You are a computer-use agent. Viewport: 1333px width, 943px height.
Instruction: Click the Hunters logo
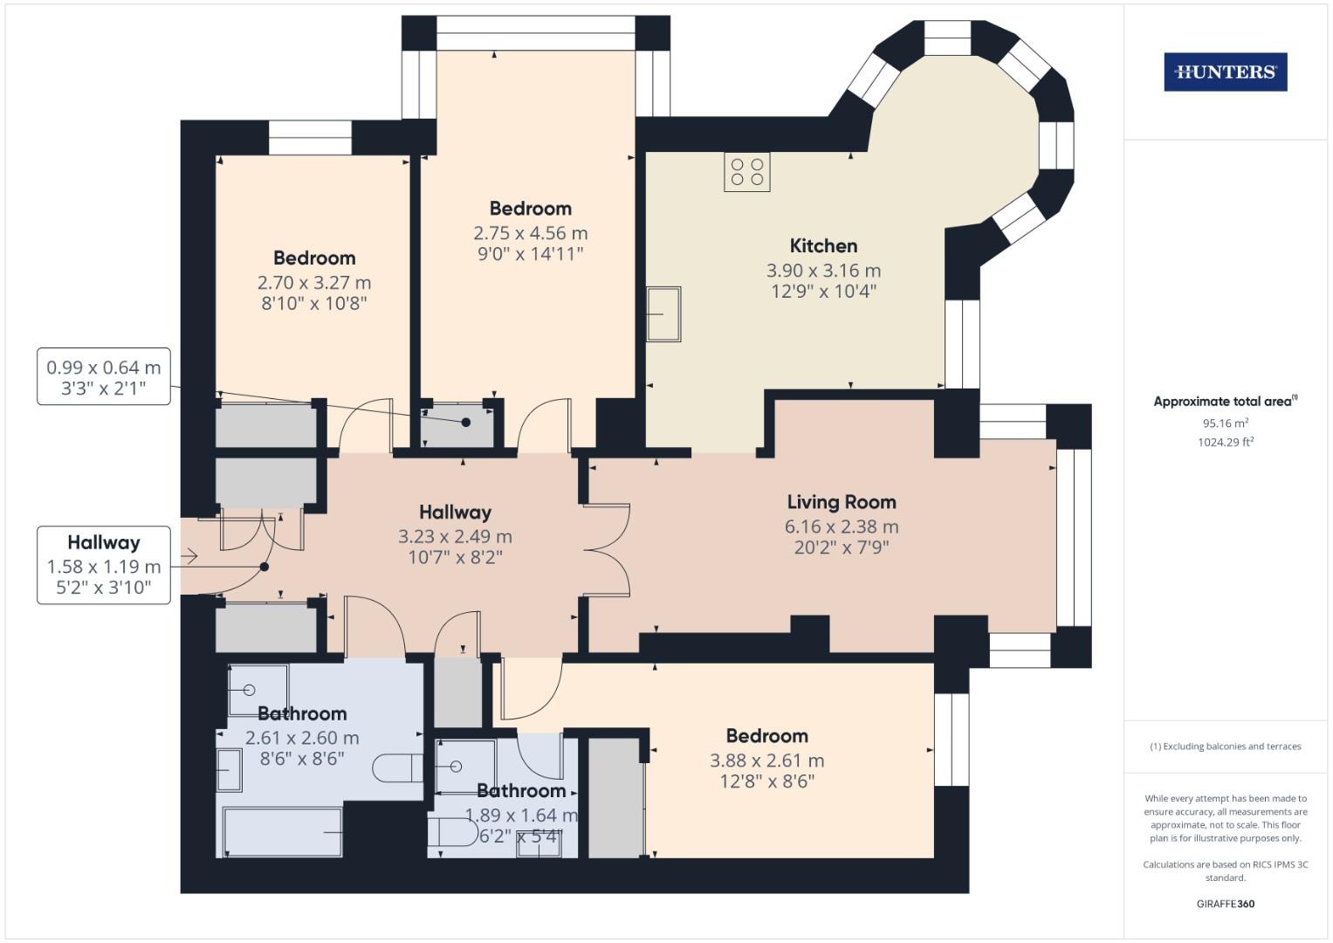point(1225,72)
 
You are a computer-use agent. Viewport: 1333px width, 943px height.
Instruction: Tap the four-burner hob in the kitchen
point(746,171)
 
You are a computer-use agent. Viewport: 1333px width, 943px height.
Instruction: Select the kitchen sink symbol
point(663,314)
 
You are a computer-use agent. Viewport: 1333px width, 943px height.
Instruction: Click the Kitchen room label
point(823,246)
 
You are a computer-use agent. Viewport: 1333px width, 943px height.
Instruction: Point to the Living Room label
point(842,502)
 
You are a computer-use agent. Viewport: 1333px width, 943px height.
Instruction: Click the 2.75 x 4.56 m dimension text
point(530,233)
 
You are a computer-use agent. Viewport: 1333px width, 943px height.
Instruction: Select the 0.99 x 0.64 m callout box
point(103,377)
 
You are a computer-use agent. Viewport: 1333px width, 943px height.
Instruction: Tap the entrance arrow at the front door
point(189,556)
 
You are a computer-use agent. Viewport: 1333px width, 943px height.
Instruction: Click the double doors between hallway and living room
point(607,550)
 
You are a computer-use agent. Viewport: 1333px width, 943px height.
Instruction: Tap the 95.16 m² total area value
point(1225,423)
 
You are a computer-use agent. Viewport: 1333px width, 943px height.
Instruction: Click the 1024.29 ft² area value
point(1225,442)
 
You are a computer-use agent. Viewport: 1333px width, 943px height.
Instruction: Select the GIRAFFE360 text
point(1225,904)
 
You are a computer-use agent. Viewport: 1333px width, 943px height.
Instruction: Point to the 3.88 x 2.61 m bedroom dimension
point(766,761)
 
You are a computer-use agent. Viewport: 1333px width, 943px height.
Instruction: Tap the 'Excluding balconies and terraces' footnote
point(1225,747)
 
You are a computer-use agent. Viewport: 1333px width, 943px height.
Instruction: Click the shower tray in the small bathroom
point(465,767)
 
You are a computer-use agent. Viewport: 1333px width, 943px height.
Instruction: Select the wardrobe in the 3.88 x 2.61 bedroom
point(615,797)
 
